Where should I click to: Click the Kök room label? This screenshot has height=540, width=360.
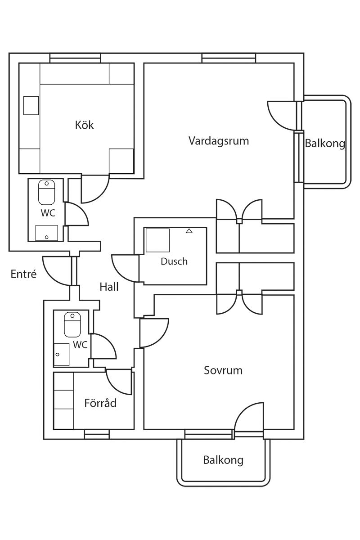[x=85, y=125]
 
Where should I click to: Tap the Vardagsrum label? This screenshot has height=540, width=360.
[x=219, y=141]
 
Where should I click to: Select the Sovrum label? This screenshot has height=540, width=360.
[x=223, y=370]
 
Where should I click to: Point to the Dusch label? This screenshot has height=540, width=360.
[x=174, y=261]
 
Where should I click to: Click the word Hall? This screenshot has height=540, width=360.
[x=109, y=287]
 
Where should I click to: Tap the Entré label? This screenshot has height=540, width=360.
[x=23, y=274]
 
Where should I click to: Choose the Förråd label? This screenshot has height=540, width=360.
[x=100, y=403]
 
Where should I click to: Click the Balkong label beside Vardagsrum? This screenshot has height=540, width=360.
[x=325, y=144]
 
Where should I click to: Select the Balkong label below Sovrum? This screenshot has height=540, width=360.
[x=223, y=460]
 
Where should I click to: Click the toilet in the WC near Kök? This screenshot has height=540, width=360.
[x=46, y=193]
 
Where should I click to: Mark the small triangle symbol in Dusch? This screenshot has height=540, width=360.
[x=189, y=231]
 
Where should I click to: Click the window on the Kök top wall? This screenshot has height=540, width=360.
[x=75, y=58]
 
